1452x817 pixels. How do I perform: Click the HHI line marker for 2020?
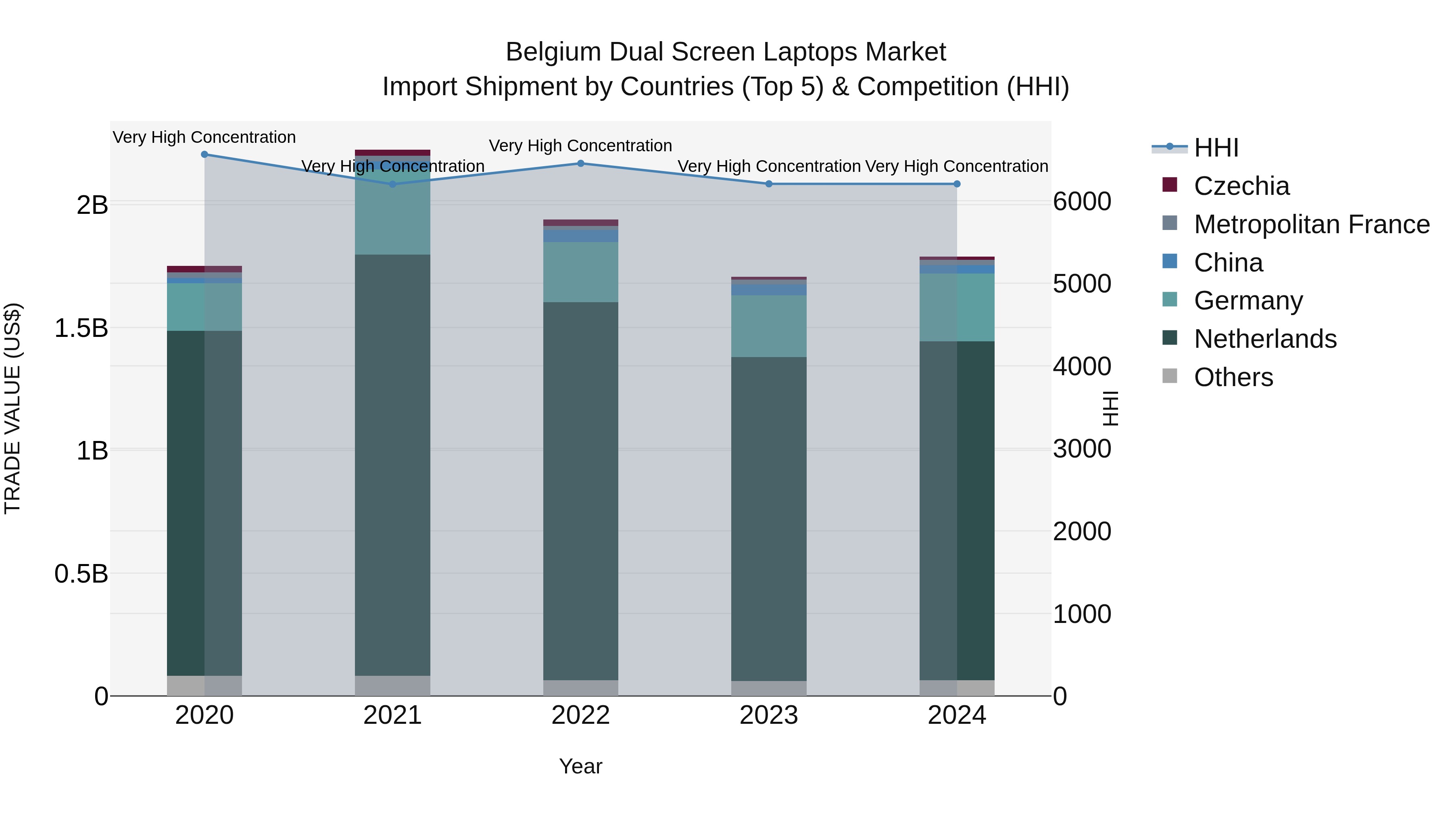click(204, 155)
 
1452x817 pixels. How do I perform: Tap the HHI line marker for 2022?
click(580, 163)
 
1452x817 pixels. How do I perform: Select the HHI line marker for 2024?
click(957, 184)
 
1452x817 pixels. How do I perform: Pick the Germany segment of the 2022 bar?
click(580, 272)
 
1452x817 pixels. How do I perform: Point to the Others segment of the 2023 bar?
click(768, 688)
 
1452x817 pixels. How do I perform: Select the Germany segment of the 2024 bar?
click(957, 307)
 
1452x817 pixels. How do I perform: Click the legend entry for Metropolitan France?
click(1312, 224)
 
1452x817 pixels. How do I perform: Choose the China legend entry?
click(1228, 263)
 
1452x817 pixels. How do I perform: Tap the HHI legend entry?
click(1216, 148)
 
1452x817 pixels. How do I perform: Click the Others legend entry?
click(1233, 377)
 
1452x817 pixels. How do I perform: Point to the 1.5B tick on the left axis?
click(81, 328)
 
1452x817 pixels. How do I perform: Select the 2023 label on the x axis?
click(768, 715)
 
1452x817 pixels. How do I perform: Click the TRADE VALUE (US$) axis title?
click(13, 408)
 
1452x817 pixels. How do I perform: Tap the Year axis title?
click(580, 766)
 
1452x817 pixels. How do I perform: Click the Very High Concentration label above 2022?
click(580, 146)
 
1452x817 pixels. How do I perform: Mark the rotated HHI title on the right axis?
click(1110, 408)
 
